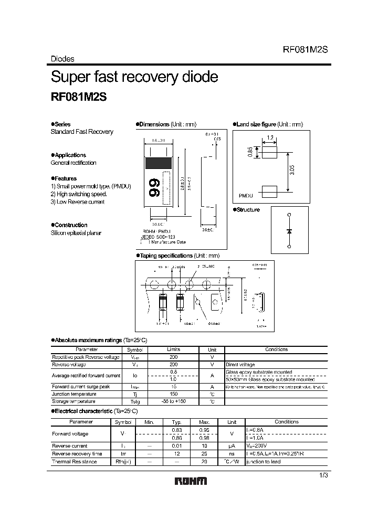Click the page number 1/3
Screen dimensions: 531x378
click(323, 475)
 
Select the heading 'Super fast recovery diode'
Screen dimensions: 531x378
click(134, 77)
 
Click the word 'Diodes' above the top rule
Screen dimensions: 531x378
click(62, 59)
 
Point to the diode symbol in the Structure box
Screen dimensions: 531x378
click(288, 231)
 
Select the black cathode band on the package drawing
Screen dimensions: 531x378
click(159, 162)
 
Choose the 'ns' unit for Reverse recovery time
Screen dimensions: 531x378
click(232, 453)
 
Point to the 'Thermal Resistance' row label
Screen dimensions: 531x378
click(74, 462)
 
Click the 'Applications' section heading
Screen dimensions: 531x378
click(70, 155)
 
